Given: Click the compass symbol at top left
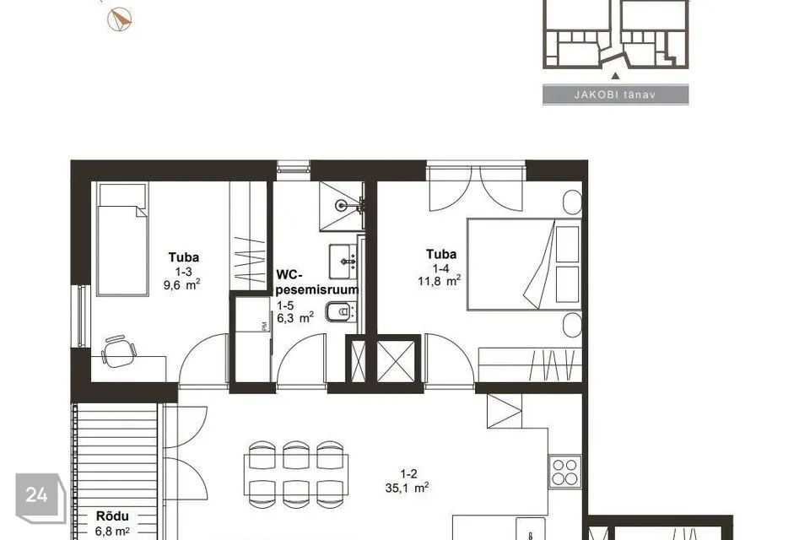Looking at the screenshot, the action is click(x=119, y=19).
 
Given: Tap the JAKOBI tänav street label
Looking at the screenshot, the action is click(x=615, y=95).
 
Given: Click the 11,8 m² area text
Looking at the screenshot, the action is click(x=439, y=281).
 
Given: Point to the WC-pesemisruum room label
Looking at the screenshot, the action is click(x=317, y=282).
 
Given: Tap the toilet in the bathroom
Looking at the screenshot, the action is click(x=340, y=311).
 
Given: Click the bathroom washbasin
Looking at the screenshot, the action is click(x=343, y=262).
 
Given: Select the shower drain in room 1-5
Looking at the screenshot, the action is click(x=341, y=206).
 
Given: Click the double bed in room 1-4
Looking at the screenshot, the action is click(x=524, y=265).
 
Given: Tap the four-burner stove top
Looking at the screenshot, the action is click(x=564, y=472).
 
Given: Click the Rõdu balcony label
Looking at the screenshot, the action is click(x=112, y=516).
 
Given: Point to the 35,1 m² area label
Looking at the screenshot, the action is click(x=407, y=488).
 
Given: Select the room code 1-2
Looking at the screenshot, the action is click(x=408, y=474).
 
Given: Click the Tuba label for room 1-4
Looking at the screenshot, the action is click(x=441, y=254).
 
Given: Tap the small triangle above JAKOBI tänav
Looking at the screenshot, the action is click(x=615, y=76).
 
